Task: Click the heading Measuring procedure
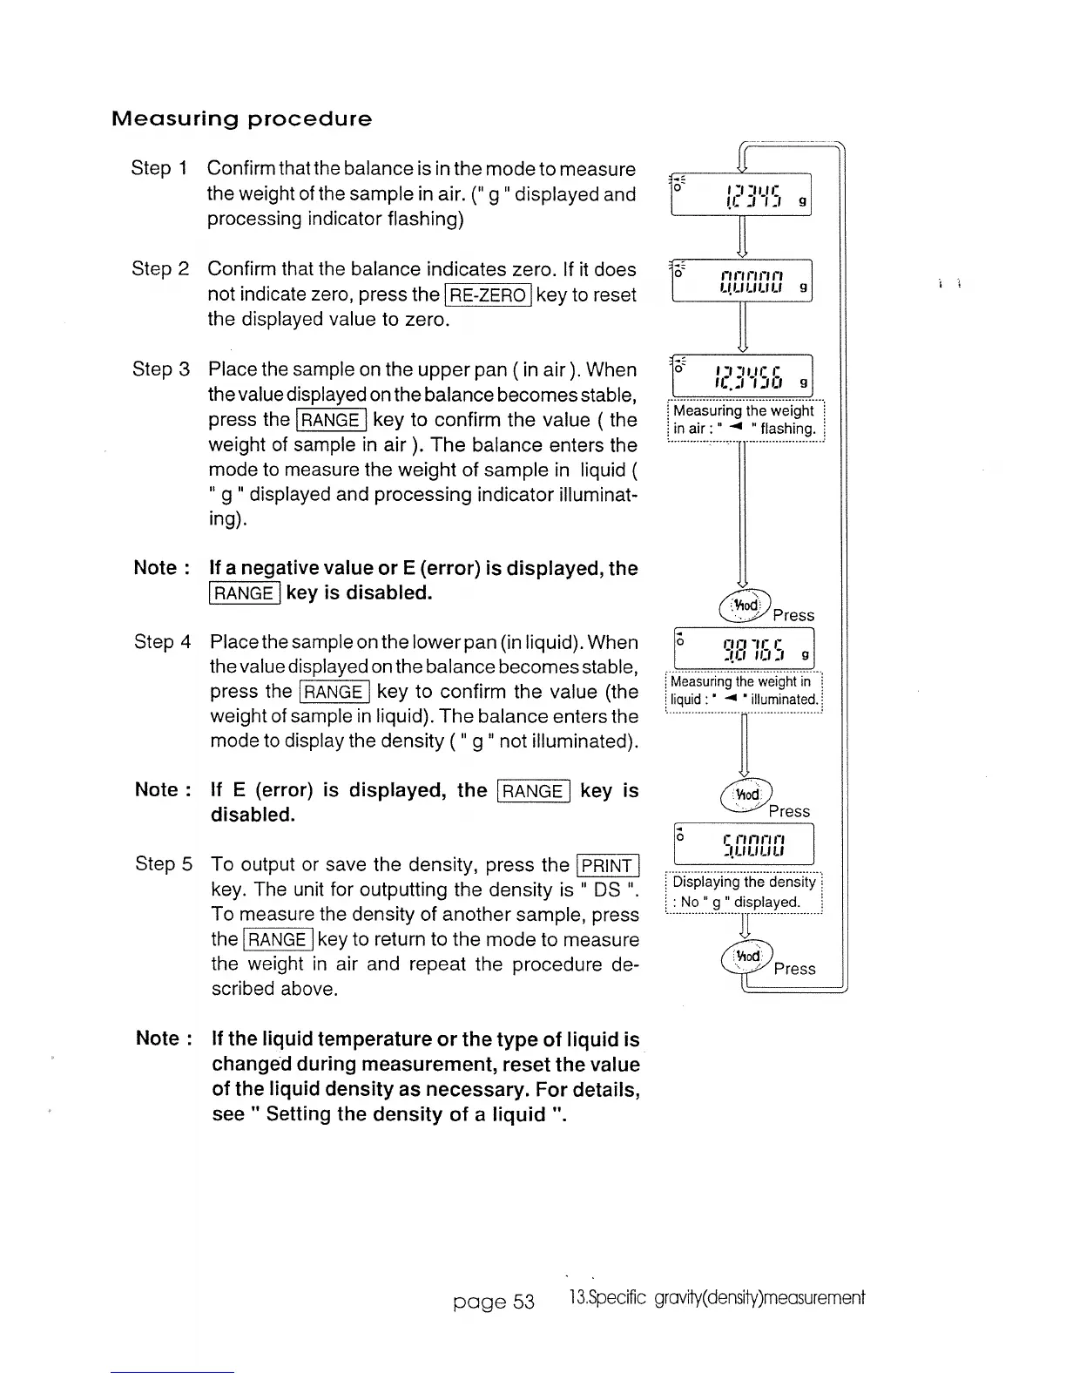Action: point(241,118)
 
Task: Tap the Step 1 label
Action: point(159,168)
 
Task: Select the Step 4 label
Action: point(163,642)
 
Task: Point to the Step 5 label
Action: point(164,864)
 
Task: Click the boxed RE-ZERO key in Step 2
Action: point(488,295)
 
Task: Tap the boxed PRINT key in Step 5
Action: point(609,865)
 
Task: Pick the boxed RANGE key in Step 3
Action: point(331,420)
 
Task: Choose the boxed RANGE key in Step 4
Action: point(334,693)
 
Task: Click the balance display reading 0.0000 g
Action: point(742,281)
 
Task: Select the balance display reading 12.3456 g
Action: point(742,375)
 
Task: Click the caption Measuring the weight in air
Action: point(745,419)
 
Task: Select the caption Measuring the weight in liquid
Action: point(744,691)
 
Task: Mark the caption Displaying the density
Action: point(744,891)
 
